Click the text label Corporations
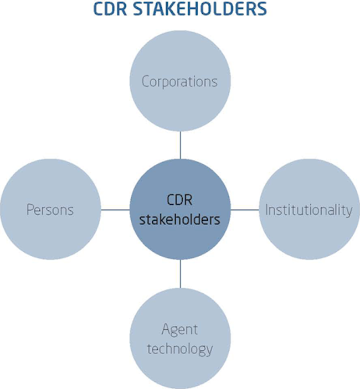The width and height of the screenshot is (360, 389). pyautogui.click(x=179, y=81)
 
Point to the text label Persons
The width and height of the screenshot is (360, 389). pyautogui.click(x=50, y=210)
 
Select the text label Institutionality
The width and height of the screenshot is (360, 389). pyautogui.click(x=308, y=210)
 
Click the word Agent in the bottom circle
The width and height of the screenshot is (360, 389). pyautogui.click(x=179, y=330)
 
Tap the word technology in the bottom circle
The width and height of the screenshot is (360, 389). pyautogui.click(x=179, y=349)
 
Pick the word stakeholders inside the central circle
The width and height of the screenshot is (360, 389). pyautogui.click(x=179, y=219)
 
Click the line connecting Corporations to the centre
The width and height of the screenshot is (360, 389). pyautogui.click(x=180, y=144)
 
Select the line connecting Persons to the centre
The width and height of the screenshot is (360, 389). pyautogui.click(x=115, y=210)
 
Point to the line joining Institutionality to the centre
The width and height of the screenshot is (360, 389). pyautogui.click(x=245, y=210)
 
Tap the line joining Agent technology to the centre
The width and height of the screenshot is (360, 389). pyautogui.click(x=180, y=274)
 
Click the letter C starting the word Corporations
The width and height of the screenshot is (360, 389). pyautogui.click(x=146, y=81)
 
